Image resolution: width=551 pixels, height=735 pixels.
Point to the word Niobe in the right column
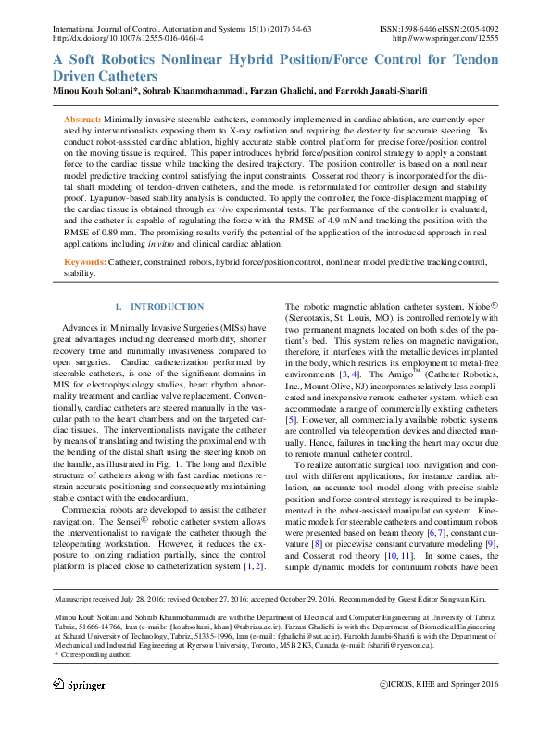480,306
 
